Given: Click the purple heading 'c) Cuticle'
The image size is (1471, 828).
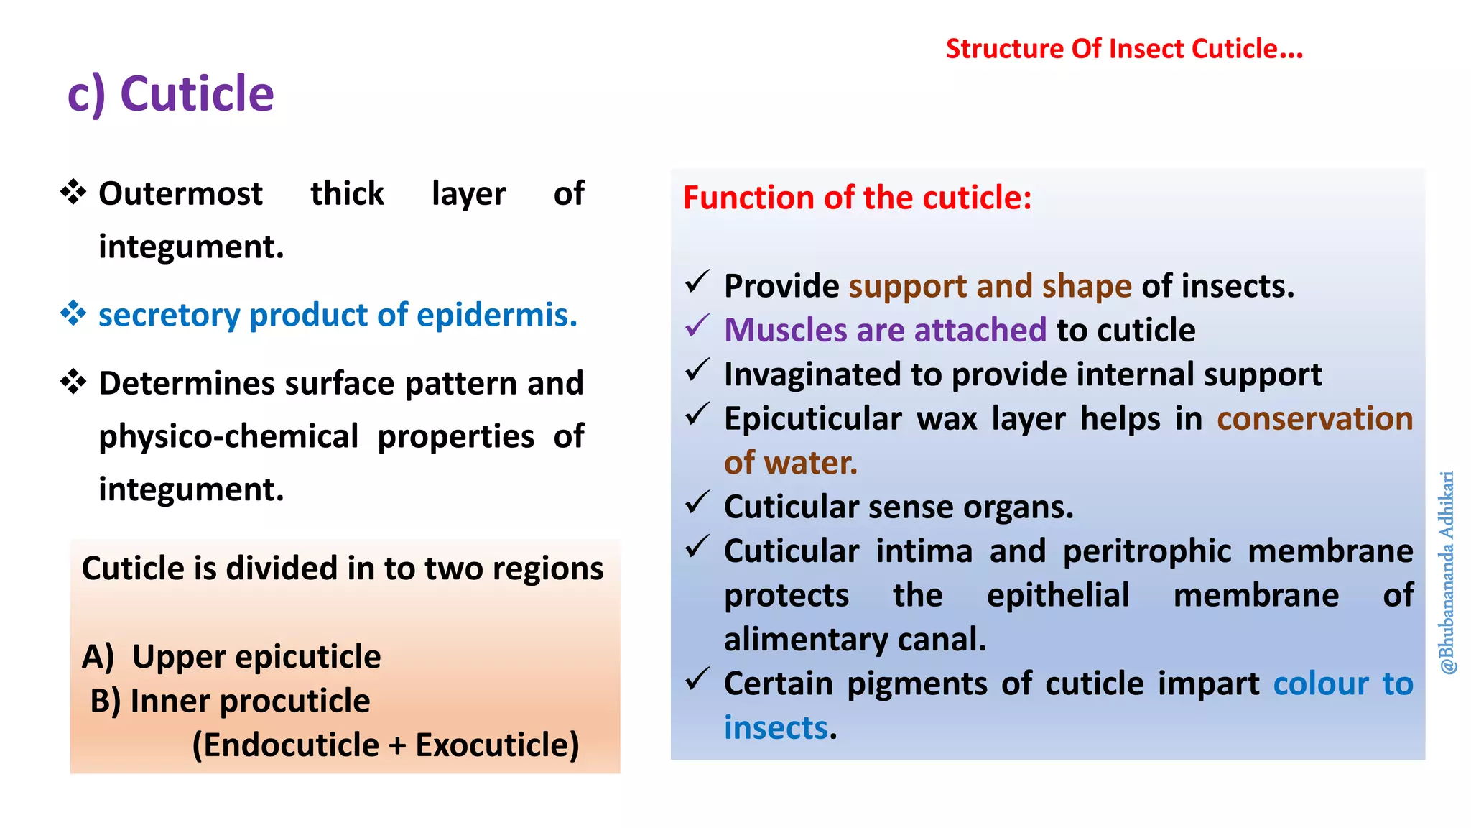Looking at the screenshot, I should (170, 94).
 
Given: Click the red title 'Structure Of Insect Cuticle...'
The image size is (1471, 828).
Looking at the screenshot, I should (1123, 49).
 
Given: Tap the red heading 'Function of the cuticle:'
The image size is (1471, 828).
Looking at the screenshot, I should (856, 198).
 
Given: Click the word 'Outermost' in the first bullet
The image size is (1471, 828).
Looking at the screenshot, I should (180, 194).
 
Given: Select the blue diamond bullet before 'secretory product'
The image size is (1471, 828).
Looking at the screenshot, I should (73, 313).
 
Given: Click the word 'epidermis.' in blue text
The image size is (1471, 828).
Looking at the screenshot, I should (496, 315).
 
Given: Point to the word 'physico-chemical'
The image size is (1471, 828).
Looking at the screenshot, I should (228, 436).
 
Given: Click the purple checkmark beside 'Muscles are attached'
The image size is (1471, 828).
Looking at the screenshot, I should (697, 326).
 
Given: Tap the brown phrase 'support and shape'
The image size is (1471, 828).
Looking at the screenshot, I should (990, 286).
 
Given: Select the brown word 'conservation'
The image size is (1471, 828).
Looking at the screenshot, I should (1314, 418).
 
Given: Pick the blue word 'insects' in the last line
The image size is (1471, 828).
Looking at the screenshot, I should (776, 728).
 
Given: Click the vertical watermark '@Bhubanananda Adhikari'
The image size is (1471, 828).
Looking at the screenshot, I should (1447, 572).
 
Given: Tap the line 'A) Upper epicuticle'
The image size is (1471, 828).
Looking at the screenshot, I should (231, 657).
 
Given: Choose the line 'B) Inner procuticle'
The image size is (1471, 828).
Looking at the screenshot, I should (230, 701).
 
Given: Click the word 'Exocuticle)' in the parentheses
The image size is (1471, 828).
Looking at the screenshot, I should (497, 745).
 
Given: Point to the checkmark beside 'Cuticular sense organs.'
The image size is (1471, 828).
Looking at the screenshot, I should (697, 503).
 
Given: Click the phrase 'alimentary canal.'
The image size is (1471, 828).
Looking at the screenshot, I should (855, 640).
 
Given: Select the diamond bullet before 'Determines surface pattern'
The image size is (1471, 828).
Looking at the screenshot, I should (73, 382).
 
